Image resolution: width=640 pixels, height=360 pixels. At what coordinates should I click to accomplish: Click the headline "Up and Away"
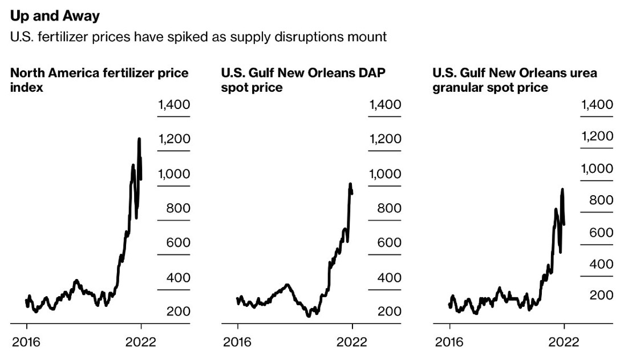pyautogui.click(x=55, y=16)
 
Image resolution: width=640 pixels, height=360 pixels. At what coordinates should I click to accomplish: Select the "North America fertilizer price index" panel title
pyautogui.click(x=99, y=80)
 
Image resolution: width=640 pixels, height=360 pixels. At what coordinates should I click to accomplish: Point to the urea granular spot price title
pyautogui.click(x=515, y=80)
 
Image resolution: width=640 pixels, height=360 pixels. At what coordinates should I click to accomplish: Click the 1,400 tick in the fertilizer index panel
pyautogui.click(x=174, y=105)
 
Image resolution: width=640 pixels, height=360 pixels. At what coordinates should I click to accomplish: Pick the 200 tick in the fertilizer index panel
pyautogui.click(x=178, y=312)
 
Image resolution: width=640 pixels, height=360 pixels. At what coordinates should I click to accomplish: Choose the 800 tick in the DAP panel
pyautogui.click(x=389, y=208)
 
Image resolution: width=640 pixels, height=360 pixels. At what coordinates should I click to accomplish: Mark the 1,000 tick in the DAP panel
pyautogui.click(x=385, y=174)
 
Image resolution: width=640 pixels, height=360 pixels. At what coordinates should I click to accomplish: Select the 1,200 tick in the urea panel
pyautogui.click(x=597, y=137)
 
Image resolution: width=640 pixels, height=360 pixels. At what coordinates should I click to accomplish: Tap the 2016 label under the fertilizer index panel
pyautogui.click(x=26, y=342)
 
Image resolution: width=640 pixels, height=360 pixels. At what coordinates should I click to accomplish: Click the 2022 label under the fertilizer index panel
pyautogui.click(x=141, y=342)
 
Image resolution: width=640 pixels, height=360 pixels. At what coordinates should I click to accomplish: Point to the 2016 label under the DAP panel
pyautogui.click(x=237, y=342)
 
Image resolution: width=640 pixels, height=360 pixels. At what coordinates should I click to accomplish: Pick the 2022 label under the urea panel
pyautogui.click(x=564, y=342)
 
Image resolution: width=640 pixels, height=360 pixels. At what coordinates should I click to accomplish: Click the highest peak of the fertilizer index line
pyautogui.click(x=139, y=139)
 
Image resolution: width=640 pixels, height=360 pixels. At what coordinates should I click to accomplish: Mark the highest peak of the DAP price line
pyautogui.click(x=350, y=184)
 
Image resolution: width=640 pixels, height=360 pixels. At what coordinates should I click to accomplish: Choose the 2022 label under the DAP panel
pyautogui.click(x=352, y=342)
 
